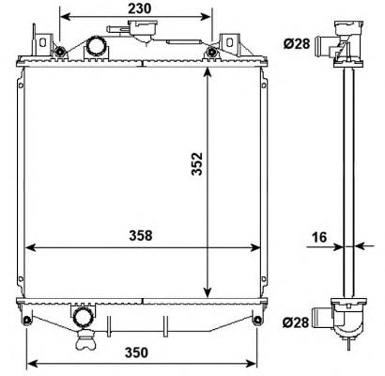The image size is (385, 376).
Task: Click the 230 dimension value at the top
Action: tap(139, 8)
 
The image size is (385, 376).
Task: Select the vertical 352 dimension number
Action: tap(197, 164)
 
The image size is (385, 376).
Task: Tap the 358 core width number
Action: tap(141, 236)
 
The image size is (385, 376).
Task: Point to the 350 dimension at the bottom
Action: tap(136, 352)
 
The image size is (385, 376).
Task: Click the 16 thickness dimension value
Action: tap(319, 237)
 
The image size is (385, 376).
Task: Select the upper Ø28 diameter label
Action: tap(297, 43)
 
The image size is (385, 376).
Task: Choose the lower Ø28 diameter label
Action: tap(296, 321)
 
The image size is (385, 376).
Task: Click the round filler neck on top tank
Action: tap(97, 46)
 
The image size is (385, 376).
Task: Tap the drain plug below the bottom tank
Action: tap(85, 340)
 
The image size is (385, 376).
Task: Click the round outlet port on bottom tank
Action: tap(84, 317)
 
